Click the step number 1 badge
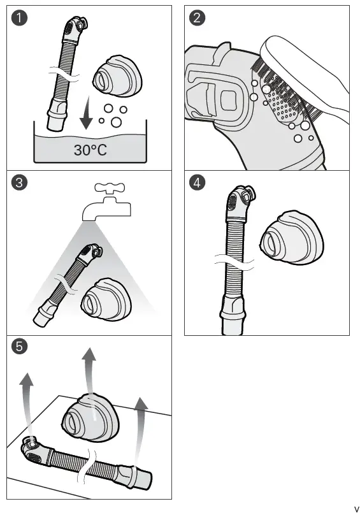coord(21,19)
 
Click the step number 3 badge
coord(21,184)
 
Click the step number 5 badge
coord(21,348)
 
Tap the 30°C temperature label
coord(89,151)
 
